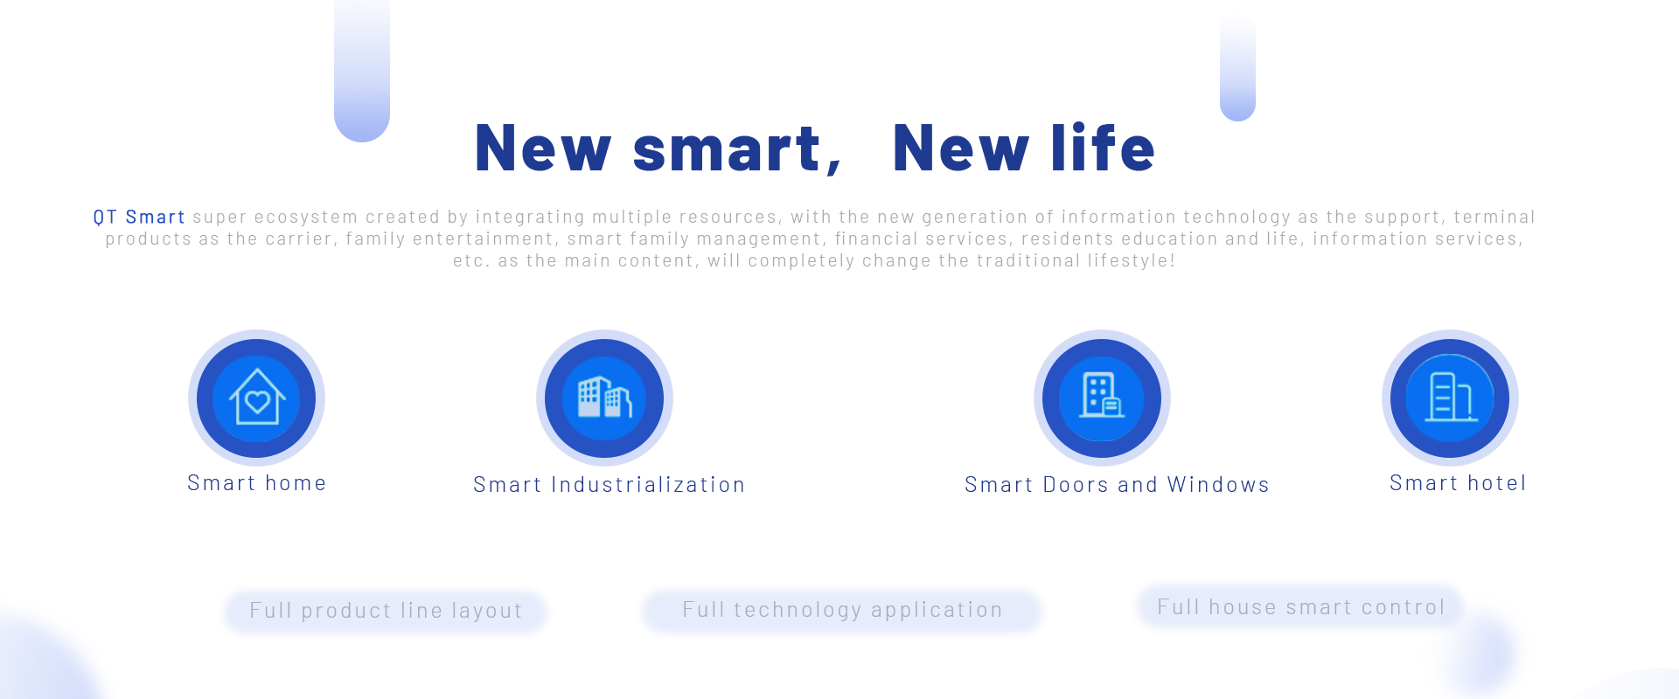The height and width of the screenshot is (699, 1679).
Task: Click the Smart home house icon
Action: point(257,398)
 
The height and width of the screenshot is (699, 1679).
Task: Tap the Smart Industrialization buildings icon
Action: point(604,398)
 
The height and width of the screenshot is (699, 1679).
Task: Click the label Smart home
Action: point(257,483)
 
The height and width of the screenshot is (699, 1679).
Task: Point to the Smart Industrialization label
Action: point(610,485)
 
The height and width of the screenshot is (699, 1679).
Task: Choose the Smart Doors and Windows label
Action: point(1117,485)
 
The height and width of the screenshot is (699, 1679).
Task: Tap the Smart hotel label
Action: point(1458,483)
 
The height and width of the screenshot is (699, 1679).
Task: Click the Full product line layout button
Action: point(386,611)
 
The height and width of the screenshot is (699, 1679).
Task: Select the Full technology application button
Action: point(842,610)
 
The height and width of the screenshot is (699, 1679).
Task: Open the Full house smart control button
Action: point(1300,607)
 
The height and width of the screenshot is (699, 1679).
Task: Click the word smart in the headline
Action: point(726,149)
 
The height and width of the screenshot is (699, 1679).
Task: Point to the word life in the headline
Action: point(1103,147)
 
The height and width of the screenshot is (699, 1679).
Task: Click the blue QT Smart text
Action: point(139,217)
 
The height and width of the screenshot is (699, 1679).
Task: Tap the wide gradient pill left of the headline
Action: point(362,70)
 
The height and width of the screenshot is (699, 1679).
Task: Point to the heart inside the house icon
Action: point(257,401)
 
